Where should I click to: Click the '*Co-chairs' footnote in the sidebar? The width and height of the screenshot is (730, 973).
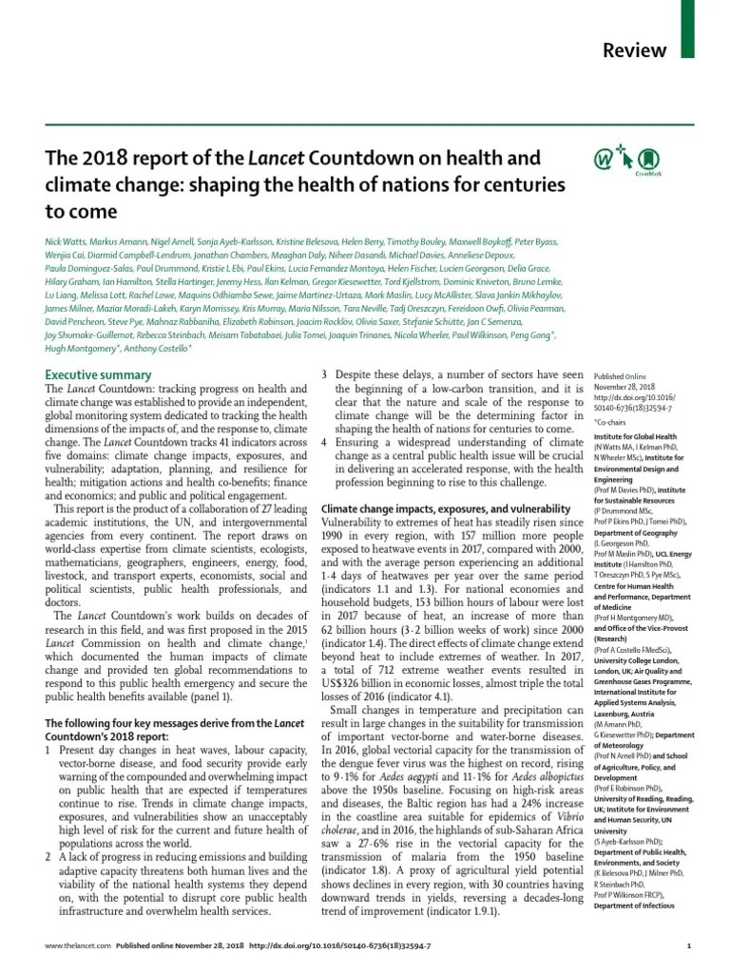pos(613,419)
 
